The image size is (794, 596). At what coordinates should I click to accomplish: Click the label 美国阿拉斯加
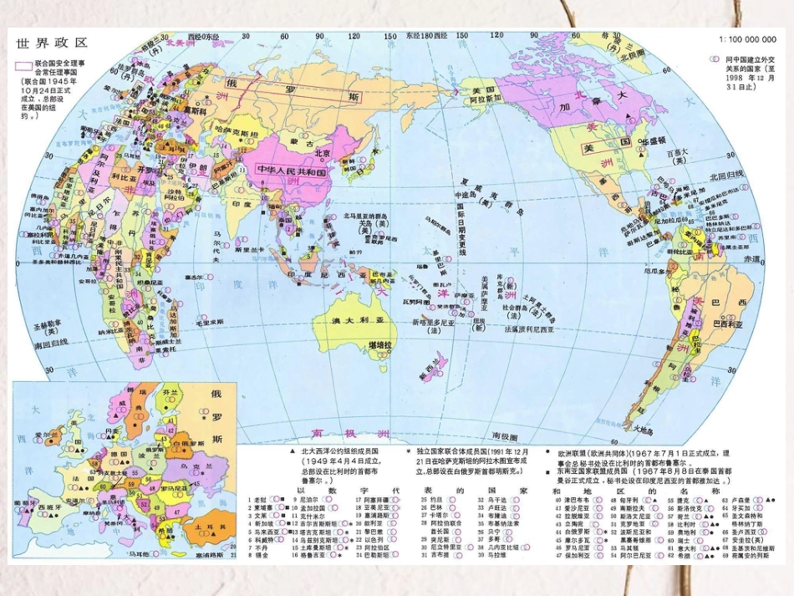(485, 94)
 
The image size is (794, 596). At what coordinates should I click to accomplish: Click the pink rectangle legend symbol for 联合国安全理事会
(24, 66)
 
